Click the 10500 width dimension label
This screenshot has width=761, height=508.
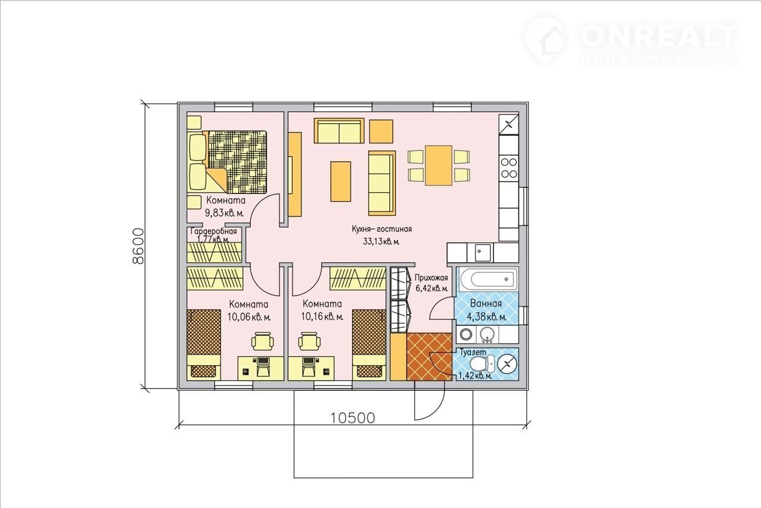[x=353, y=418]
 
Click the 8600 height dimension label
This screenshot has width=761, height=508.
[x=138, y=246]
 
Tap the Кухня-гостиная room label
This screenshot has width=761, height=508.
[x=382, y=229]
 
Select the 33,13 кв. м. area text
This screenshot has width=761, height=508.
[x=381, y=242]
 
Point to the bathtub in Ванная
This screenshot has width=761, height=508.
[x=488, y=279]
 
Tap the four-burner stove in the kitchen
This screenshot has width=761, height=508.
[x=508, y=168]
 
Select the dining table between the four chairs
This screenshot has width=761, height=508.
[x=438, y=165]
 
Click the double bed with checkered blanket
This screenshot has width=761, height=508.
[x=227, y=162]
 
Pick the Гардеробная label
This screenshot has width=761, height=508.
[x=213, y=231]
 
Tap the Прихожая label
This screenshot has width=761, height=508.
[x=431, y=278]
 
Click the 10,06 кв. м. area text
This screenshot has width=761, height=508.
[x=249, y=317]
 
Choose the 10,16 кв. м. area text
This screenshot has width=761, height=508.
[x=322, y=317]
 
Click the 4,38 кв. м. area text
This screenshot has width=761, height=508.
[x=486, y=317]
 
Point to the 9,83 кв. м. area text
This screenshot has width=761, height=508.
[x=224, y=213]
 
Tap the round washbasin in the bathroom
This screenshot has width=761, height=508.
[x=487, y=334]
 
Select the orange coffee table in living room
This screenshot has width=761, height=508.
[x=341, y=181]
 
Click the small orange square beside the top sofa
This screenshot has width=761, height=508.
[x=381, y=131]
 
